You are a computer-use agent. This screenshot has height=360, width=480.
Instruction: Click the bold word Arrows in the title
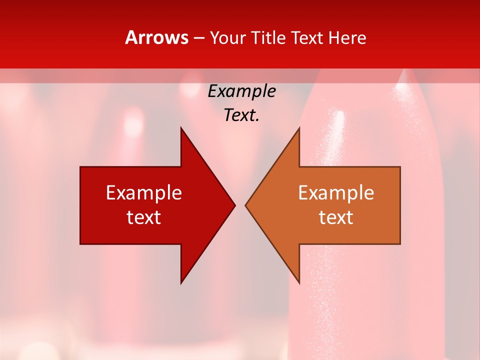[x=156, y=37]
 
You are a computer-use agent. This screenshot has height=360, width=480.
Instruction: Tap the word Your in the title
[x=227, y=37]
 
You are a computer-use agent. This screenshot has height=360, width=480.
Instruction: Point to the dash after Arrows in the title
[x=199, y=38]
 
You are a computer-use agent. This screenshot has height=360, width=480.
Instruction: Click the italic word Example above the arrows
[x=241, y=91]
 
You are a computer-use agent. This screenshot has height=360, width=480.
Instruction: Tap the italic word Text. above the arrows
[x=241, y=115]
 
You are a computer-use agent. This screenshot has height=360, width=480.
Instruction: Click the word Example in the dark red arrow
[x=144, y=193]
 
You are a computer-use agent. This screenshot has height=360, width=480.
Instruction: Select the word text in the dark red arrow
[x=144, y=217]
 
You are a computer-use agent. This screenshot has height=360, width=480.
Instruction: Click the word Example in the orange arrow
[x=336, y=193]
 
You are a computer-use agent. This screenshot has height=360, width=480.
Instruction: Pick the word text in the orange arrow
[x=336, y=217]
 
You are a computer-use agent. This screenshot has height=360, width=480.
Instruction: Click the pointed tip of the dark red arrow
[x=234, y=205]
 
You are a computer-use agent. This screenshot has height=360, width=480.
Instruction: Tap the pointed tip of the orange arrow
[x=245, y=205]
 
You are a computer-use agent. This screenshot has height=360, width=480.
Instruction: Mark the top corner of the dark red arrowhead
[x=181, y=128]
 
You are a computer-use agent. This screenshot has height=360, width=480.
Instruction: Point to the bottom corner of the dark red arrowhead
[x=181, y=283]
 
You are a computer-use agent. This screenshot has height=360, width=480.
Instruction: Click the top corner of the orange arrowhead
[x=299, y=128]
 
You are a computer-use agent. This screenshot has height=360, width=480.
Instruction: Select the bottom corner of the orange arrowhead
[x=299, y=283]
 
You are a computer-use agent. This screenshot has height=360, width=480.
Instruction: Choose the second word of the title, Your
[x=227, y=37]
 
